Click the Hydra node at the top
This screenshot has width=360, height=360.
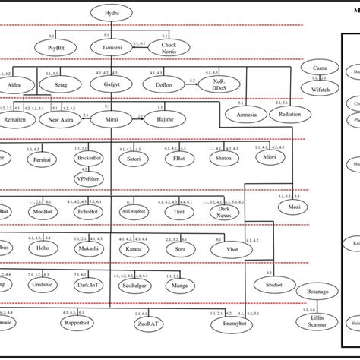[x=111, y=12]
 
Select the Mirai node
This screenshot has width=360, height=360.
[x=111, y=120]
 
